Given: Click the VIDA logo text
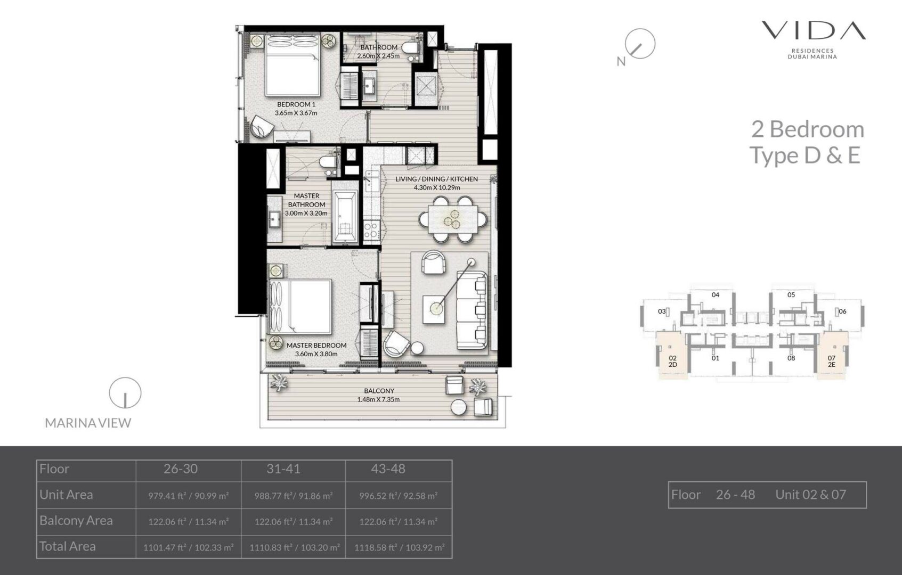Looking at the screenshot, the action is click(814, 30).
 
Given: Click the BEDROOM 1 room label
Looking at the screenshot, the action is click(296, 104).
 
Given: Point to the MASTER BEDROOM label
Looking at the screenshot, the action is click(316, 345).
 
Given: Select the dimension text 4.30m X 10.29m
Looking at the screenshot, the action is click(436, 187).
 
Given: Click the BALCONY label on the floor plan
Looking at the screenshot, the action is click(379, 391).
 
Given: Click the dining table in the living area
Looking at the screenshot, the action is click(453, 219).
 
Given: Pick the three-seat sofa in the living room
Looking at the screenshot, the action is click(472, 310).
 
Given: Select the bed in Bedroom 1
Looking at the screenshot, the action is click(292, 65).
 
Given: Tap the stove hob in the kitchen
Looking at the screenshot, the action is click(371, 230).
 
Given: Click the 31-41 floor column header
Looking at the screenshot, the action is click(283, 469).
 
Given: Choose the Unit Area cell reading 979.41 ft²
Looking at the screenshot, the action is click(189, 496).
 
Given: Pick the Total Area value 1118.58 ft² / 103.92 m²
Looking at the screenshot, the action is click(400, 548).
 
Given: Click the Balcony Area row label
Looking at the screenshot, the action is click(76, 521).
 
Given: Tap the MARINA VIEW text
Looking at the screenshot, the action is click(88, 423).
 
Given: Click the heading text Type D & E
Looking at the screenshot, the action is click(805, 155).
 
